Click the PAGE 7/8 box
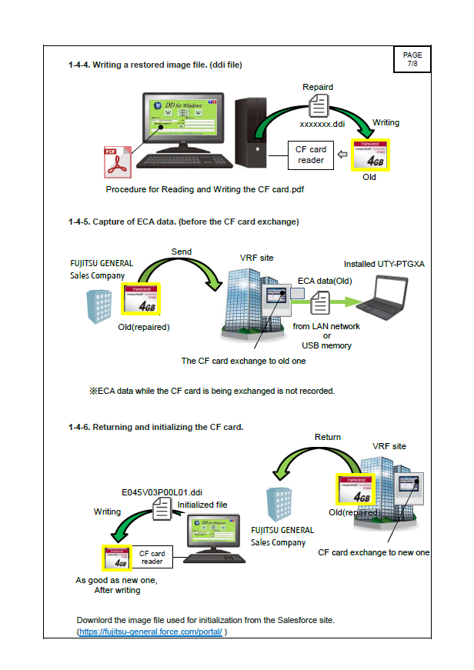tap(412, 59)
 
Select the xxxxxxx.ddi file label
tap(322, 123)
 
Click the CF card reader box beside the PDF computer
tap(312, 155)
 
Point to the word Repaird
tap(318, 87)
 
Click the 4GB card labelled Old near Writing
tap(371, 153)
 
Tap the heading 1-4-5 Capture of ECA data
tap(183, 222)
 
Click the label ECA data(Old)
tap(324, 281)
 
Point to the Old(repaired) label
tap(143, 327)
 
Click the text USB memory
tap(326, 345)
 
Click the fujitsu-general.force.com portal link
tap(151, 632)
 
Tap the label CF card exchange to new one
tap(373, 552)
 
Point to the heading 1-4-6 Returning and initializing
tap(155, 427)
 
